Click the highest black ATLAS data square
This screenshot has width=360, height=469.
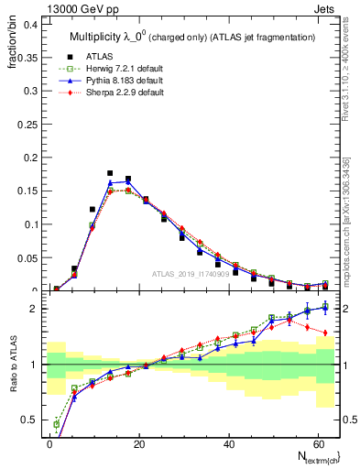coord(110,173)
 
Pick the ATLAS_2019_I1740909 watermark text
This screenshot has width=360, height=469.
coord(192,275)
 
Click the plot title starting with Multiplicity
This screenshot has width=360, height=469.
coord(192,37)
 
